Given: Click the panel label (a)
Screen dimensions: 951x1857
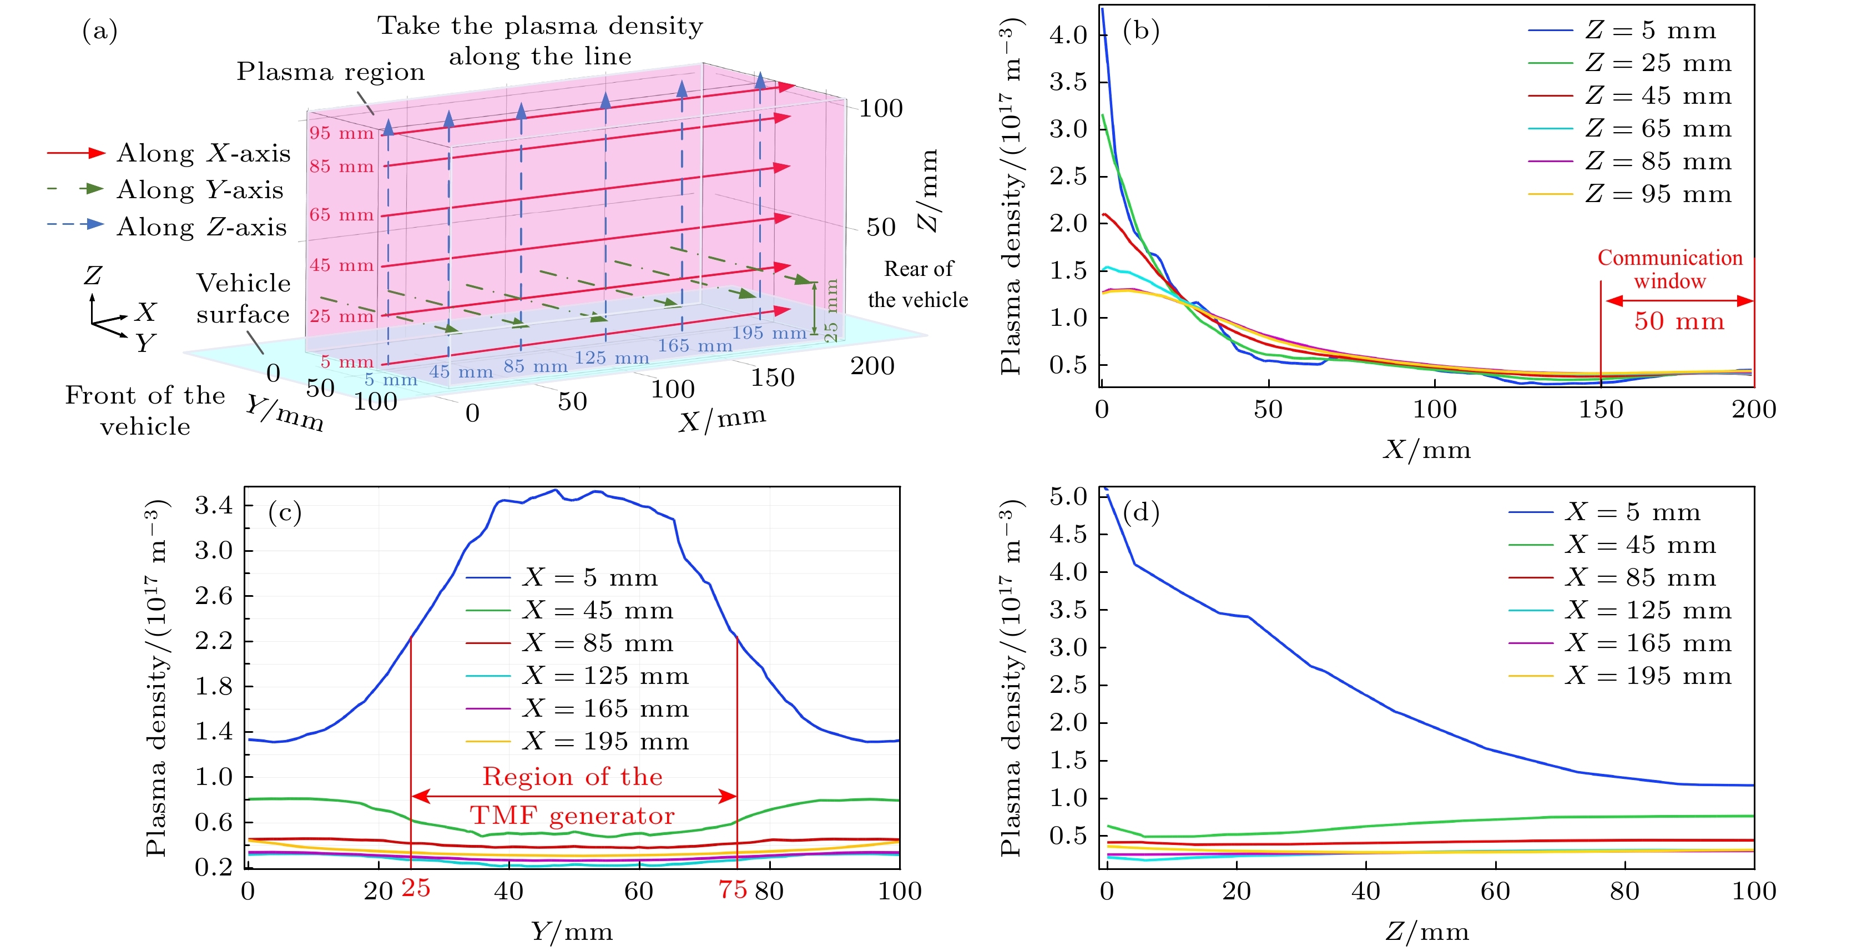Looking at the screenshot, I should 99,31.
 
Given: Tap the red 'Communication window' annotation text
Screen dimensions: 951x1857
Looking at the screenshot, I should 1669,269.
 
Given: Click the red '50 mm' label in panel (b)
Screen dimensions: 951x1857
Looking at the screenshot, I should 1679,321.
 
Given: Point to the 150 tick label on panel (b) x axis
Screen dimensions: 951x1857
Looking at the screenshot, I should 1601,410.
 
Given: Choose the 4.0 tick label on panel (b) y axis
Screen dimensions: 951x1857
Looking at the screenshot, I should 1068,34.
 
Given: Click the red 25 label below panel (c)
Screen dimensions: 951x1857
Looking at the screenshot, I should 416,888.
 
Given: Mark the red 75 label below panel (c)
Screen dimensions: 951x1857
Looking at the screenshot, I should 733,890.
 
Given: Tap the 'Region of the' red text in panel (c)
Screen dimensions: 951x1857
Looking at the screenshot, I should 572,777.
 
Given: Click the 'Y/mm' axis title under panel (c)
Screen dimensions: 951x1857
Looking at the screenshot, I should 572,932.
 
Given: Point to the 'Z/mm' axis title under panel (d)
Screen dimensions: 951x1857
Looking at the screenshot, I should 1427,932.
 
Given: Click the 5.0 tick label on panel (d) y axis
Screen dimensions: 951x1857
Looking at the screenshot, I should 1068,496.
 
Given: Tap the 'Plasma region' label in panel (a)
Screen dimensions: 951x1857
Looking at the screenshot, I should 331,72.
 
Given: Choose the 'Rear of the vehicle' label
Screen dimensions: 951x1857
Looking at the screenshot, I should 918,284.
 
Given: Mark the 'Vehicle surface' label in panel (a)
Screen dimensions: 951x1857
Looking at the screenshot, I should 243,299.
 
